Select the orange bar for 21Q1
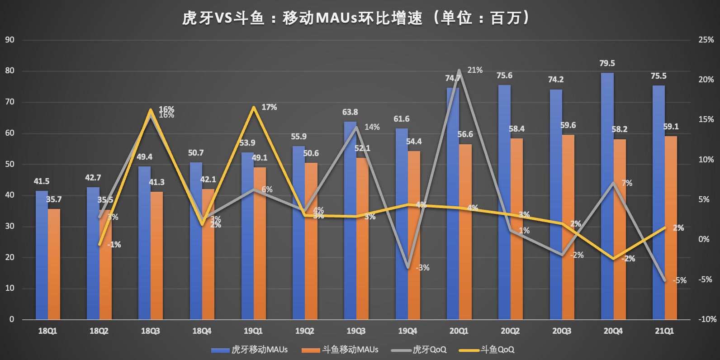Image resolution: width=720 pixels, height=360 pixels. [671, 227]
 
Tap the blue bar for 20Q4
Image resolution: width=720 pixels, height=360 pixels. [607, 196]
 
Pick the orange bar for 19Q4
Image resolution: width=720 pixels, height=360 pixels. [414, 235]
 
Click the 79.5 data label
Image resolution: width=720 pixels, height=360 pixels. [607, 63]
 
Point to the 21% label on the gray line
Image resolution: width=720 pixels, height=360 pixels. [475, 70]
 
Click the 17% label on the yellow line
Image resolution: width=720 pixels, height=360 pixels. [269, 107]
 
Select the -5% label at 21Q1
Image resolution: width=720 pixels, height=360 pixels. [679, 280]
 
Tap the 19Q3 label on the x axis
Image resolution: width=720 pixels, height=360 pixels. [356, 331]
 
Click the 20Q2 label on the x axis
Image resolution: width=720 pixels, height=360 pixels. [510, 331]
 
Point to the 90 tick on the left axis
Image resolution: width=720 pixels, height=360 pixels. [9, 40]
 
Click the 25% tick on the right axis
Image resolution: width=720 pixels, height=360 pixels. [706, 40]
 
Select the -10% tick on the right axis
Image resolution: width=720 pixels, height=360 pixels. [707, 319]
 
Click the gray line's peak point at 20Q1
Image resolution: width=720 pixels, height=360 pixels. [459, 71]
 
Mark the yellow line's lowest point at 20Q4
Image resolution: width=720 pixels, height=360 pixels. [613, 259]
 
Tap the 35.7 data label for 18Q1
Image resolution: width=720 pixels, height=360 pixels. [54, 199]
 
